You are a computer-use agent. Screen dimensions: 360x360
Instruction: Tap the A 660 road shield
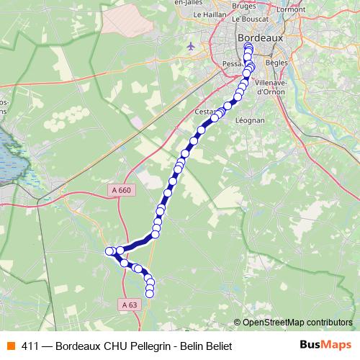tap(122, 189)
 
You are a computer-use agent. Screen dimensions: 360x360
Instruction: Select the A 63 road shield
tap(130, 305)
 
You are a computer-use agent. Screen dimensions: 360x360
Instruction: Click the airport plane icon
tap(190, 47)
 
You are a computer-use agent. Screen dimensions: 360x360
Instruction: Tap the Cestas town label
tap(206, 112)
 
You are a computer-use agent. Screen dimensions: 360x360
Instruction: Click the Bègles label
tap(276, 63)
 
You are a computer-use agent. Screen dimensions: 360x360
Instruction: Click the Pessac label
tap(233, 64)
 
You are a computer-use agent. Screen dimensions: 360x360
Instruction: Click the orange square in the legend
tap(11, 345)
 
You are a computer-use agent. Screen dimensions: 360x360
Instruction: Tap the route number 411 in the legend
tap(30, 345)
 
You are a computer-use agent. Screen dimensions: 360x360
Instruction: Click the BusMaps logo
tap(325, 345)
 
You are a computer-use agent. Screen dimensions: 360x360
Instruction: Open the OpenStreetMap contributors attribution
tap(297, 323)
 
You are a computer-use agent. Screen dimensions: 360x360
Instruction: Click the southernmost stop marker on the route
tap(150, 293)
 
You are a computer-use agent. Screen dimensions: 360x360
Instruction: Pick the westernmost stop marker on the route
tap(110, 251)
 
